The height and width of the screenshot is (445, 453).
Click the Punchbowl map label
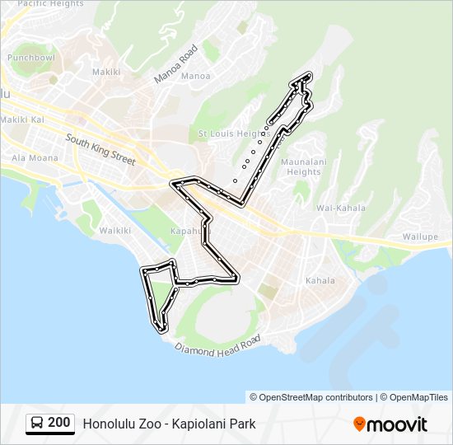pos(31,59)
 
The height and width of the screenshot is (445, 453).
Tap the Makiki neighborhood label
pos(106,73)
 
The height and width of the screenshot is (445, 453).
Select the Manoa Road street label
pos(176,63)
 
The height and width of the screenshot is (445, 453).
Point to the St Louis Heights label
pos(229,133)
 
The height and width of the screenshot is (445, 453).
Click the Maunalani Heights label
pos(301,167)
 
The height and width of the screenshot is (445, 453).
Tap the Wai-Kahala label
pos(341,208)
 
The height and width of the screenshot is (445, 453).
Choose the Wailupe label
pos(420,237)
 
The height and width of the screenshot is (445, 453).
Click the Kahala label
pos(320,281)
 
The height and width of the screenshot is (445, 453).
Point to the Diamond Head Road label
pos(218,344)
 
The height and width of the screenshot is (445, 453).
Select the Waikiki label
pos(115,231)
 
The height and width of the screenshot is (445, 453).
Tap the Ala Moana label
pos(35,157)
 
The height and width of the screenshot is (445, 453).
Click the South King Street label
pos(100,150)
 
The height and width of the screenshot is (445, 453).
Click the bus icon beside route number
pos(37,424)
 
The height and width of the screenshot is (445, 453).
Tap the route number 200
pos(59,423)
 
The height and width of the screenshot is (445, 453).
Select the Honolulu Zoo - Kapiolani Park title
pos(169,424)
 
